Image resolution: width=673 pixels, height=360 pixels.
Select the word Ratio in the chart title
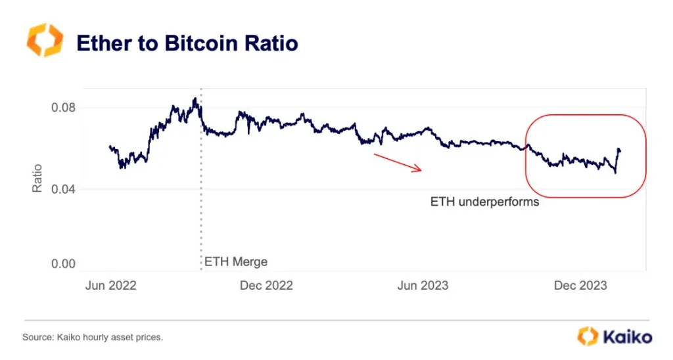[x=270, y=43]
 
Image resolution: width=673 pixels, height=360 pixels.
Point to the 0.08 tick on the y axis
[x=63, y=108]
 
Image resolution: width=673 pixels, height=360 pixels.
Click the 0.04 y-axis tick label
[x=63, y=190]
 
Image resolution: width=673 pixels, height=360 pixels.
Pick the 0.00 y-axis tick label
[x=63, y=264]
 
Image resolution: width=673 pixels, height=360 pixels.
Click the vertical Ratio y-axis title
[x=37, y=178]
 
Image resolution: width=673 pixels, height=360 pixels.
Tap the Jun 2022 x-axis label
[x=111, y=285]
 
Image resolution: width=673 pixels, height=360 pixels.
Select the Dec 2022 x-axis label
[x=266, y=285]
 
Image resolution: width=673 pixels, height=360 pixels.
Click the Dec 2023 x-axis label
[x=580, y=285]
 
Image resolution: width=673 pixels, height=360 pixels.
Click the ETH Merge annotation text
[x=236, y=261]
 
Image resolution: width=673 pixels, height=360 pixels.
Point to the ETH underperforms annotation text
[x=484, y=202]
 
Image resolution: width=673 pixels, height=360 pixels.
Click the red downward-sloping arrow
[x=397, y=163]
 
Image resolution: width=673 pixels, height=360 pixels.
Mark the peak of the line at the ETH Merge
[x=195, y=99]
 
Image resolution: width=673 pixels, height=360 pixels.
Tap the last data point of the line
[x=620, y=151]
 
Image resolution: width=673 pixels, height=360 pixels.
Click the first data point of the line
[x=109, y=146]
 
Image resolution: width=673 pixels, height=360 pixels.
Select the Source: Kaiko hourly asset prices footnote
[x=93, y=337]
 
